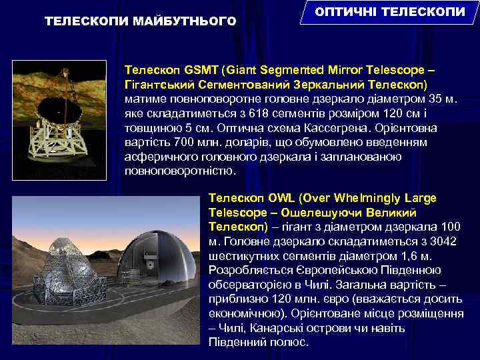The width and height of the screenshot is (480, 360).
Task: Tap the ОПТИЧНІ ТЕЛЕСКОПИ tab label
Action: point(391,13)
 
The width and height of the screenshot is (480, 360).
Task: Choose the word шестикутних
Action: point(241,256)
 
